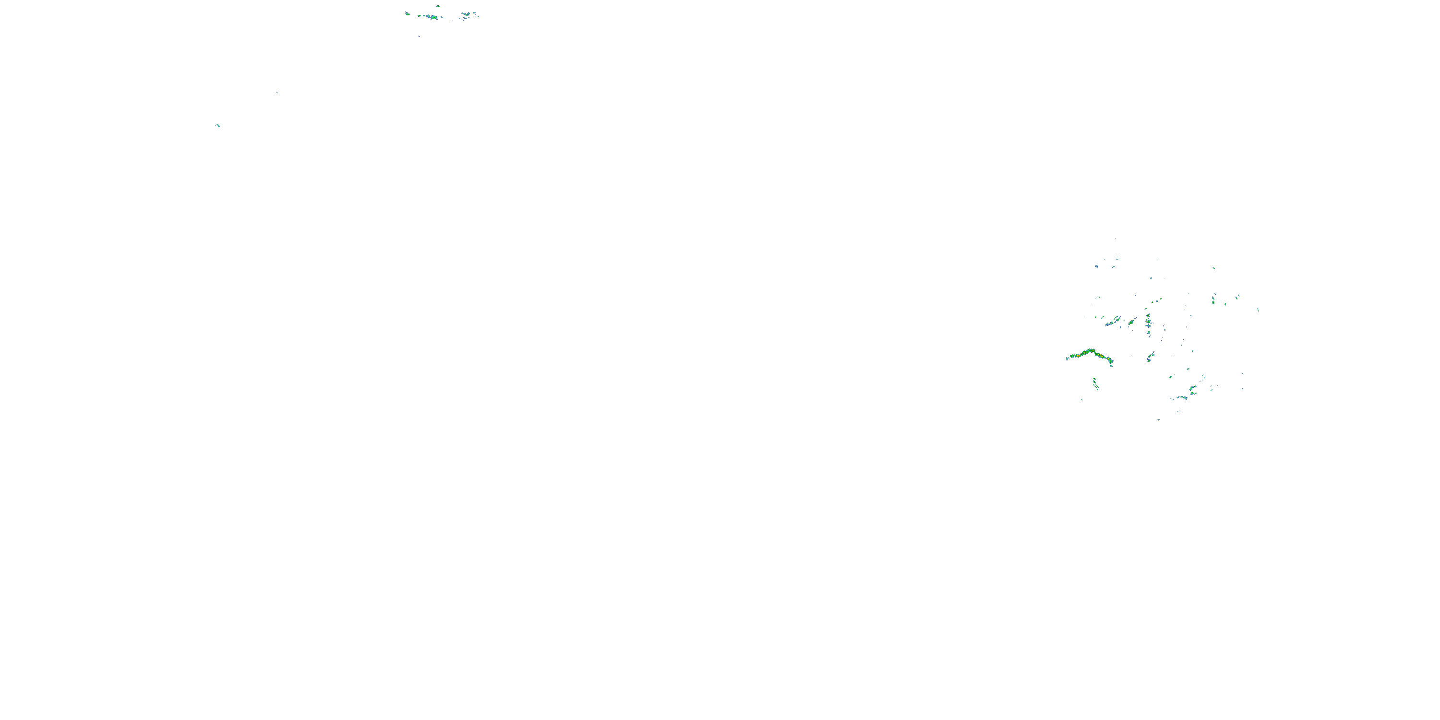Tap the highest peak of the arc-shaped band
[1088, 350]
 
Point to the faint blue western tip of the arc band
[1067, 359]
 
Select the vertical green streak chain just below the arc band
[1095, 384]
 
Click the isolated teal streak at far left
[217, 125]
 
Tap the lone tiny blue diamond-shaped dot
[276, 92]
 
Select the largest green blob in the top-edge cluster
[432, 17]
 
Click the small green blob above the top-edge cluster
[438, 7]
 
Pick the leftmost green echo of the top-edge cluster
[407, 13]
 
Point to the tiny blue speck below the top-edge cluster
[419, 36]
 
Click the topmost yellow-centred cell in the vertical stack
[1148, 316]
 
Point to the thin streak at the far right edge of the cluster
[1258, 309]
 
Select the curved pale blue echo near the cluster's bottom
[1181, 397]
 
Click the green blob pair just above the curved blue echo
[1193, 388]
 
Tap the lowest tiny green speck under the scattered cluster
[1158, 419]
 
